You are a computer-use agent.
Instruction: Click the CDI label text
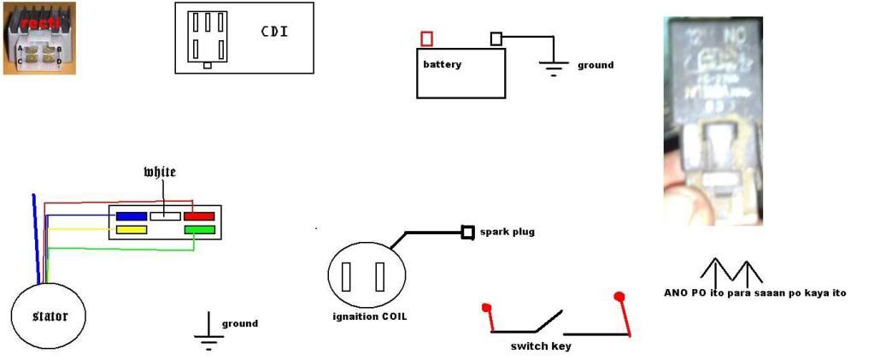tap(273, 32)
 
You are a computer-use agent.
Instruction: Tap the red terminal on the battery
tap(426, 38)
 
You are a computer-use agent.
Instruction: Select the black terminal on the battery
tap(496, 38)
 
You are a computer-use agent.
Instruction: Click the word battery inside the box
tap(443, 64)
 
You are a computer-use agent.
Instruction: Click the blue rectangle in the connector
tap(132, 216)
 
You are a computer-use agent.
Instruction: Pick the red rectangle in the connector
tap(198, 216)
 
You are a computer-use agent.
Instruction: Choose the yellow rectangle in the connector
tap(132, 230)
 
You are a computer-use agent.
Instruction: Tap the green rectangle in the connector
tap(198, 230)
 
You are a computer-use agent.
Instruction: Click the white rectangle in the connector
tap(165, 216)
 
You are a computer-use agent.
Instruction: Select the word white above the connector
tap(160, 172)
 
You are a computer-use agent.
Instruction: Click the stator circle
tap(38, 316)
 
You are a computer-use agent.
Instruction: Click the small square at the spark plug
tap(467, 232)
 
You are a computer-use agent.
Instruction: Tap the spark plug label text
tap(507, 232)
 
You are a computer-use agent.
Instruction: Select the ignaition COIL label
tap(370, 316)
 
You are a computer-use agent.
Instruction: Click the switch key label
tap(541, 346)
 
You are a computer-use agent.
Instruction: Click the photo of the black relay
tap(713, 120)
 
